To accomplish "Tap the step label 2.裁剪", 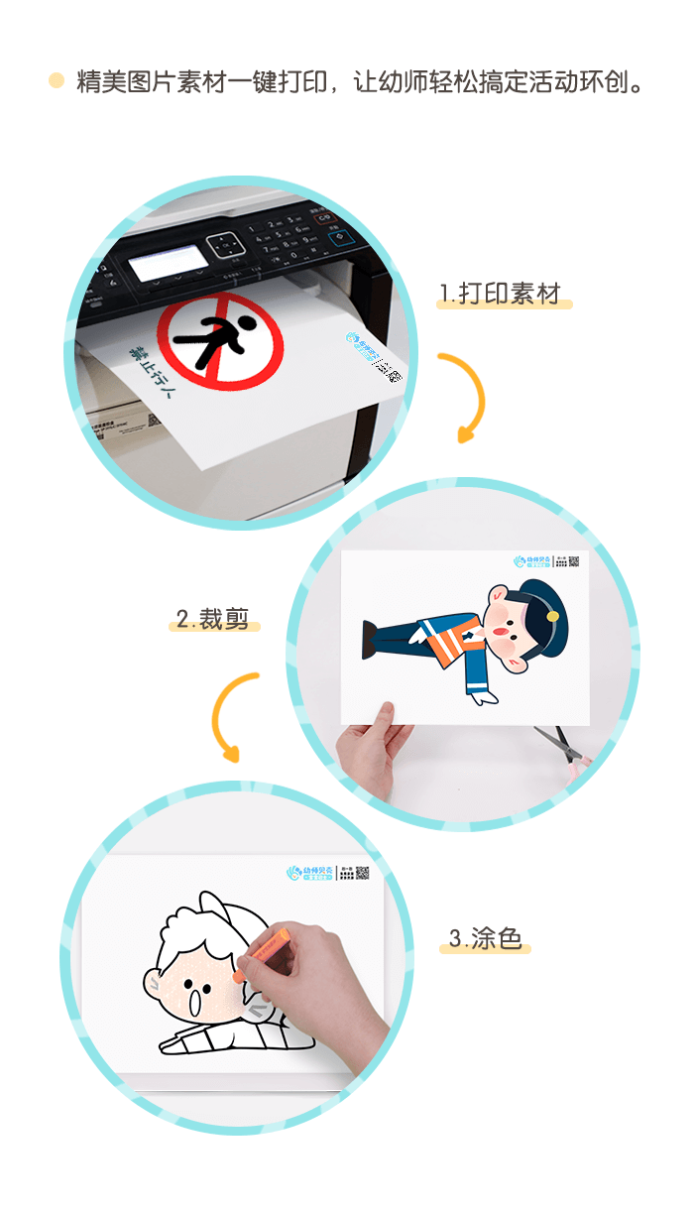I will click(x=213, y=619).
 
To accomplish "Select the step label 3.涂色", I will click(x=485, y=938).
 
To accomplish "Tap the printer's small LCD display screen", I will click(x=170, y=263).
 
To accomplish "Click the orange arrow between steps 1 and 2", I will click(x=466, y=396).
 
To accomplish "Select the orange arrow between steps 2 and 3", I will click(x=234, y=715).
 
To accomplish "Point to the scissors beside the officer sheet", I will click(x=560, y=745).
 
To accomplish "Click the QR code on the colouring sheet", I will click(x=362, y=873).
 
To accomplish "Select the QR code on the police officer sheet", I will click(x=573, y=561).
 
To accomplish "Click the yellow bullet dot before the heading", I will click(x=57, y=80).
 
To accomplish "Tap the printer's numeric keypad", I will click(x=282, y=239).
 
